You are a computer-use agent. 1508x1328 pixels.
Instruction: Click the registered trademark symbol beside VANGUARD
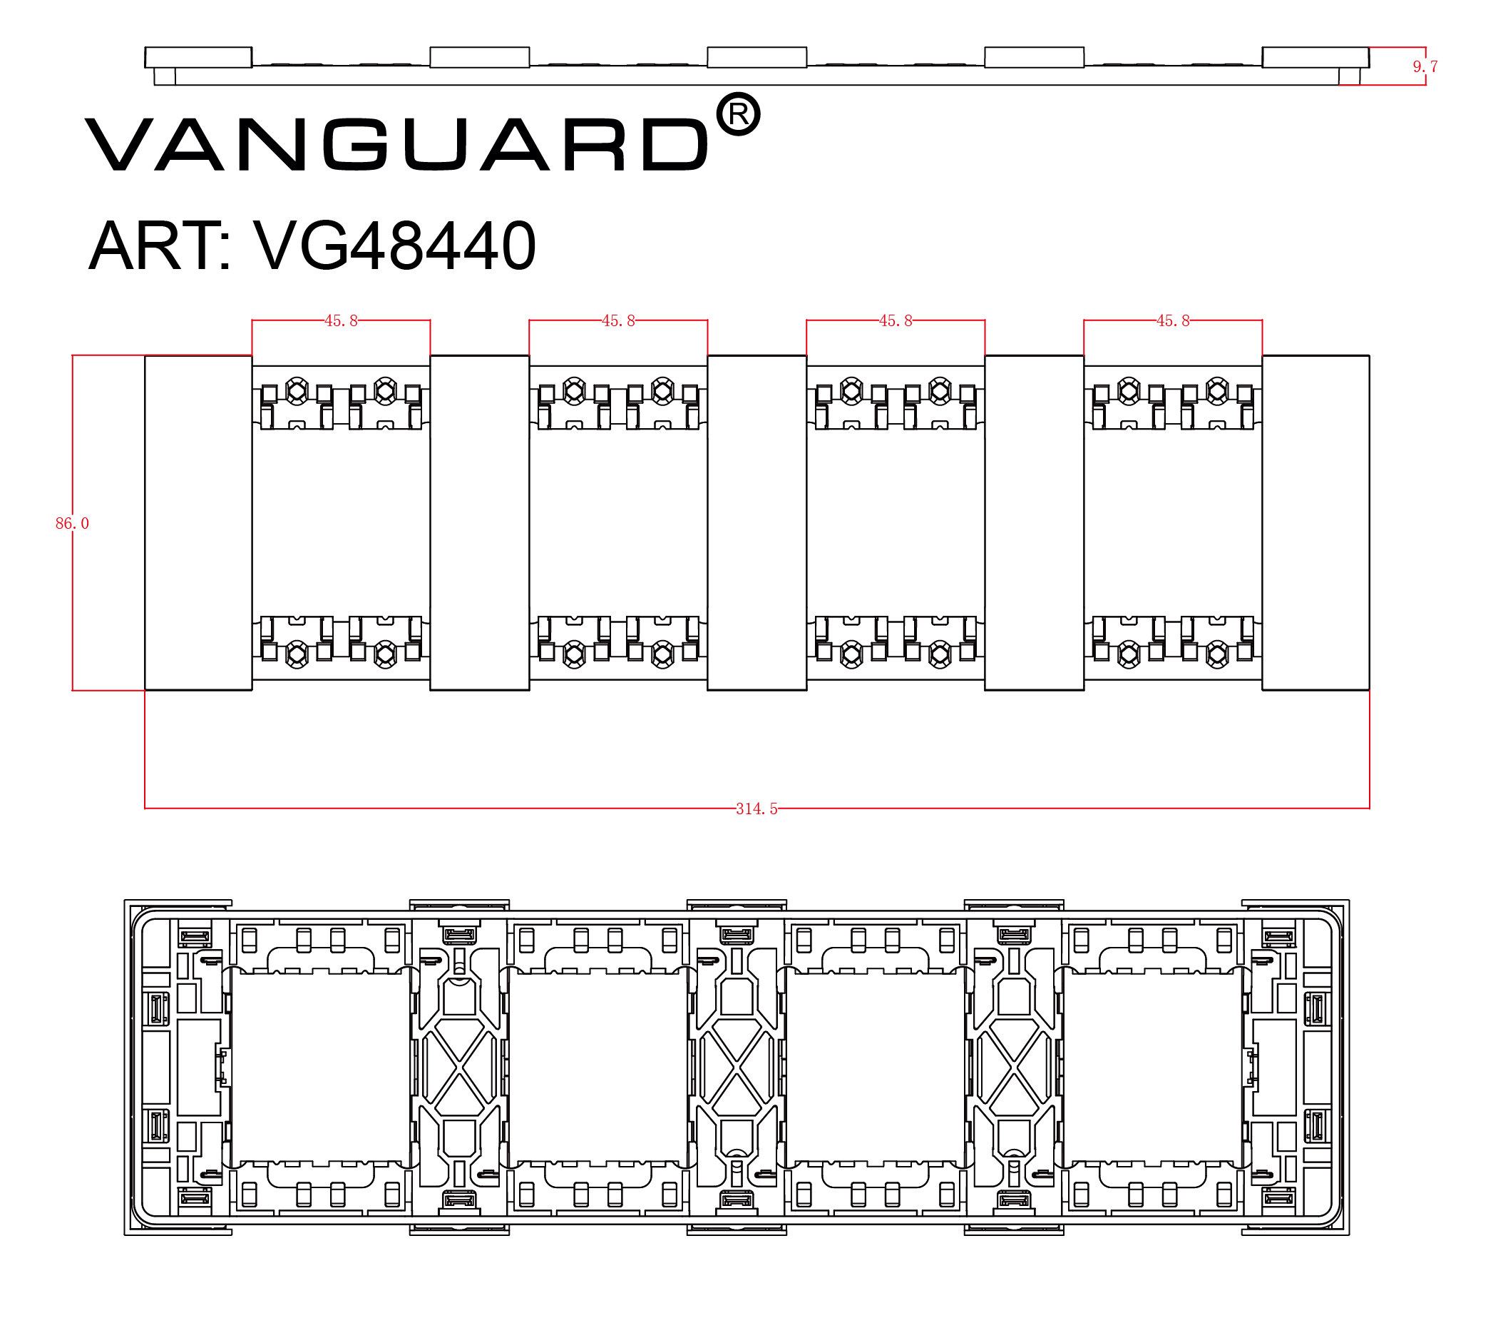[x=739, y=114]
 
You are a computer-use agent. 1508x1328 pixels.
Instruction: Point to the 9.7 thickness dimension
[x=1424, y=66]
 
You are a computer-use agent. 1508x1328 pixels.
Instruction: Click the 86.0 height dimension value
[x=72, y=523]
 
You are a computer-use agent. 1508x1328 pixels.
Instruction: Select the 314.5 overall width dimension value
[x=756, y=809]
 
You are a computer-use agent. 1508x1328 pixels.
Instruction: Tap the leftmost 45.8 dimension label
[x=341, y=320]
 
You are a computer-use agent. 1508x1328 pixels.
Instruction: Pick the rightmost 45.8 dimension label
[x=1172, y=320]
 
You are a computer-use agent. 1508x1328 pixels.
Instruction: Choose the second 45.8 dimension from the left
[x=618, y=320]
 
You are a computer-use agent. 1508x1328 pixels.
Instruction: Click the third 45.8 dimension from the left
[x=896, y=320]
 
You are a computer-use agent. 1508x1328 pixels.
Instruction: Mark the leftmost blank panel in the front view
[x=198, y=522]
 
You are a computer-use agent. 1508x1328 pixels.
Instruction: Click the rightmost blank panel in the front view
[x=1315, y=522]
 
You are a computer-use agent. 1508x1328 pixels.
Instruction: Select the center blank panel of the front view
[x=757, y=522]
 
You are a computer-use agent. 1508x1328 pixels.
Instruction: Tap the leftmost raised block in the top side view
[x=198, y=58]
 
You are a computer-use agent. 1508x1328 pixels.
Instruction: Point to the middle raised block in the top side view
[x=757, y=58]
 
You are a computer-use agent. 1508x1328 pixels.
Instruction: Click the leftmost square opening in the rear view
[x=319, y=1068]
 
